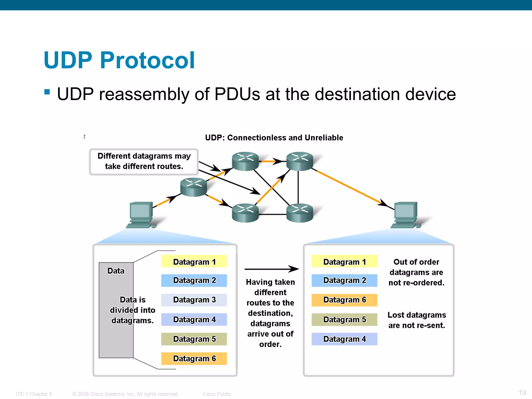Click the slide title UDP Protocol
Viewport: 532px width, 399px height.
tap(119, 60)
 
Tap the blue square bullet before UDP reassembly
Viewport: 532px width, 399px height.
tap(47, 92)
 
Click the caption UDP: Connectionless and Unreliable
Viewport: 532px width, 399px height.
tap(274, 137)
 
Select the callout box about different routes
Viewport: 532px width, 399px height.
tap(144, 161)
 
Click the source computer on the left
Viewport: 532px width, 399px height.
tap(141, 215)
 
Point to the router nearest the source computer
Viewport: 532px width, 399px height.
tap(194, 187)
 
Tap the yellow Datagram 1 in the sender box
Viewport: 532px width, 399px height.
tap(194, 261)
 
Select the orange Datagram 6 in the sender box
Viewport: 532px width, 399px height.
tap(194, 358)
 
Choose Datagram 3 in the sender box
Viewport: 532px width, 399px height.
tap(194, 300)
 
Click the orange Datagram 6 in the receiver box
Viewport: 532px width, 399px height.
tap(344, 300)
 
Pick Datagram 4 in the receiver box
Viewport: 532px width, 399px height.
tap(344, 339)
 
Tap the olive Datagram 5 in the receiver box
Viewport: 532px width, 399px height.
tap(344, 320)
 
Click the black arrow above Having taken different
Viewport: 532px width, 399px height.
tap(271, 269)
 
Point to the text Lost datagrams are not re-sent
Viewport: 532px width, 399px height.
tap(416, 320)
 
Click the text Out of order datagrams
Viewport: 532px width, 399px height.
tap(416, 272)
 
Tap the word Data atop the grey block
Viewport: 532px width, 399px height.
tap(116, 271)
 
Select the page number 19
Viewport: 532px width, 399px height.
tap(522, 393)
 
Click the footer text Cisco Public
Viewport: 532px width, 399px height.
tap(217, 394)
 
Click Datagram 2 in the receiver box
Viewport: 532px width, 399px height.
tap(344, 280)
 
